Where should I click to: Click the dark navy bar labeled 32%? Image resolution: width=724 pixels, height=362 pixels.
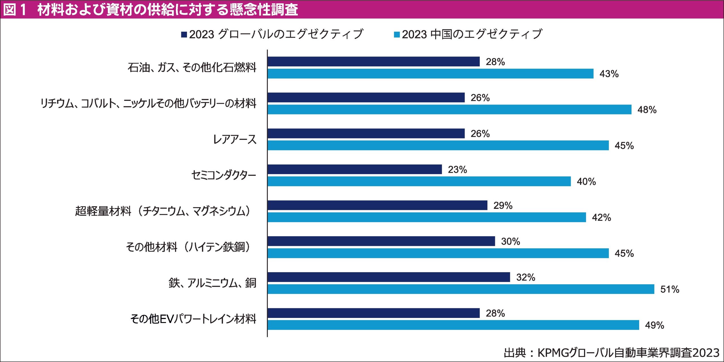point(389,277)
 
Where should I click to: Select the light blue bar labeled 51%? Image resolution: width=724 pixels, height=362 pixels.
point(461,289)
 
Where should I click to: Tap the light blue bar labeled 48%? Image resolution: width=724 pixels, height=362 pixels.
point(449,110)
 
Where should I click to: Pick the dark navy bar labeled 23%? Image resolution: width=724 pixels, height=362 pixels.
point(355,169)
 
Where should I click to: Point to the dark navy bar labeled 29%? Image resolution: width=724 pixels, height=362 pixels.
point(377,205)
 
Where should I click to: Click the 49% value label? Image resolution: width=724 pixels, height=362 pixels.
point(654,325)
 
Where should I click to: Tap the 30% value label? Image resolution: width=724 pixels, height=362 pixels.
point(510,242)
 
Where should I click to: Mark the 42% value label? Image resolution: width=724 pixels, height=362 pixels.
point(602,218)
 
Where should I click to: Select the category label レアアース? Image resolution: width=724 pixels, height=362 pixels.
point(234,139)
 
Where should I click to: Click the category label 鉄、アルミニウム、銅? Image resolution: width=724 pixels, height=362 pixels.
point(212,283)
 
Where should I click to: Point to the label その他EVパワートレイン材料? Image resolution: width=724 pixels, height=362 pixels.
point(193,319)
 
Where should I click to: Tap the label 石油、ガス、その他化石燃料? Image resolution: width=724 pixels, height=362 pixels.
point(192,68)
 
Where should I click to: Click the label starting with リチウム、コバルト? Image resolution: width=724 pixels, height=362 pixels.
point(148,103)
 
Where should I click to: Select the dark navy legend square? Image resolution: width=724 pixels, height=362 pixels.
point(184,34)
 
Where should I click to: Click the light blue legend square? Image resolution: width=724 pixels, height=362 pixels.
point(397,34)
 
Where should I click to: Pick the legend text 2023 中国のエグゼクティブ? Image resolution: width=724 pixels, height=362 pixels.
point(472,34)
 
